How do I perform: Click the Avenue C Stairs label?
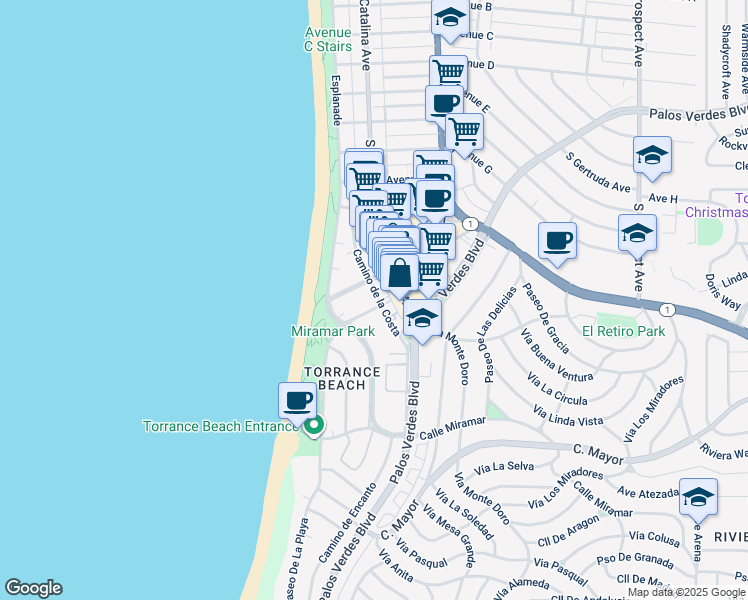point(328,39)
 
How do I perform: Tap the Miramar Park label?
point(332,331)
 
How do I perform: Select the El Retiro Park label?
point(623,331)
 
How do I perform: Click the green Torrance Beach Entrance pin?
point(314,427)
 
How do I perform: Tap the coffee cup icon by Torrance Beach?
point(297,402)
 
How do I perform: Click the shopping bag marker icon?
point(399,273)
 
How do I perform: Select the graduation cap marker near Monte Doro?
point(423,319)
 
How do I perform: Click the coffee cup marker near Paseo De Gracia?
point(557,240)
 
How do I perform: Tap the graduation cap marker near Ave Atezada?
point(697,496)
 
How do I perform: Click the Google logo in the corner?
point(33,588)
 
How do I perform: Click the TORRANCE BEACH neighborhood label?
point(342,379)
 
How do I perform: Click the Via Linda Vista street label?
point(568,414)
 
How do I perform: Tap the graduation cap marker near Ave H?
point(651,156)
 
